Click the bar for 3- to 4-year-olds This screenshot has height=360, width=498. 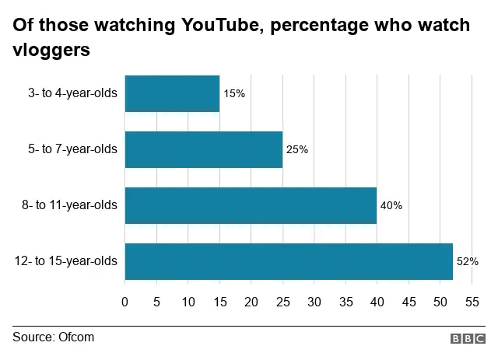(x=172, y=93)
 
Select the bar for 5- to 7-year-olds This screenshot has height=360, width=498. (x=203, y=149)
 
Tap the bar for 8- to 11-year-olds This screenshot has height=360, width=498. (x=251, y=205)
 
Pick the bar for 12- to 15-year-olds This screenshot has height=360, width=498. (x=289, y=261)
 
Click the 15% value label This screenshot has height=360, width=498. (x=234, y=93)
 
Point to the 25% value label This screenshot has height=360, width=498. (x=297, y=149)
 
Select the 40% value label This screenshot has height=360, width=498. (x=391, y=206)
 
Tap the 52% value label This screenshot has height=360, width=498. (x=467, y=261)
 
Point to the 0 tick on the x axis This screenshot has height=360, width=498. (x=125, y=300)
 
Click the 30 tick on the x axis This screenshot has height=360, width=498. (x=314, y=300)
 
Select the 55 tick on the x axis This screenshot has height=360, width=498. (x=471, y=300)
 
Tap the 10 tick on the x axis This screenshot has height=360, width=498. (x=188, y=300)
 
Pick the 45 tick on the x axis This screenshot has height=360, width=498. (x=408, y=300)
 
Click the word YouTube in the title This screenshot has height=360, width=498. (x=226, y=26)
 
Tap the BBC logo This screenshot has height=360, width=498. (x=467, y=338)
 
